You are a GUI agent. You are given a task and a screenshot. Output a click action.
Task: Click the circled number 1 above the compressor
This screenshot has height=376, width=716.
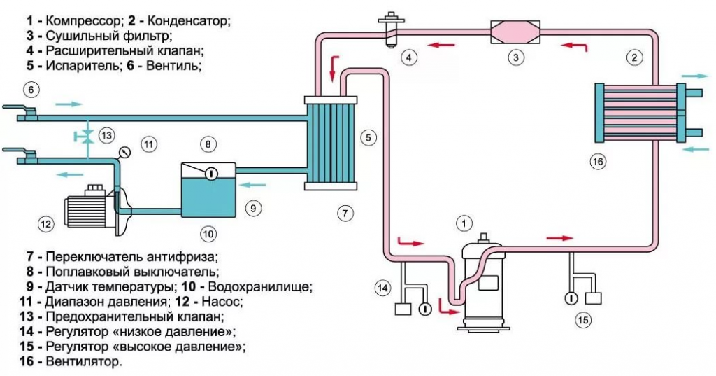(462, 223)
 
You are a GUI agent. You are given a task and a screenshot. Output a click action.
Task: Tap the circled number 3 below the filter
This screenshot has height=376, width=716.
(515, 57)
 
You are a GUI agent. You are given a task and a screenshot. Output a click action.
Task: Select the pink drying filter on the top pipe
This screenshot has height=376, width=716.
(516, 32)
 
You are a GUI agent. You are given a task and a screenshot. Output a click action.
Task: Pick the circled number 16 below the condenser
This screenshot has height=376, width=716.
(597, 162)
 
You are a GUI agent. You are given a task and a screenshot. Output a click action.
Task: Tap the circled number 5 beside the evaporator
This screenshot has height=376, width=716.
(368, 137)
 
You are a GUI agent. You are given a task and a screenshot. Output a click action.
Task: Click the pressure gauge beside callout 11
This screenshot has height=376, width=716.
(124, 151)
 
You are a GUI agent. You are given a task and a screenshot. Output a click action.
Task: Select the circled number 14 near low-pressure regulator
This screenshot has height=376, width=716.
(382, 287)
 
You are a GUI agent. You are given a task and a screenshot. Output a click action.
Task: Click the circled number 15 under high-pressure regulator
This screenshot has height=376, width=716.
(582, 321)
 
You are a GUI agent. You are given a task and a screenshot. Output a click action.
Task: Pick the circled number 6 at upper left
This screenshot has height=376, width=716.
(31, 90)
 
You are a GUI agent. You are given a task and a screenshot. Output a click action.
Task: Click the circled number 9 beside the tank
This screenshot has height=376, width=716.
(253, 207)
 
